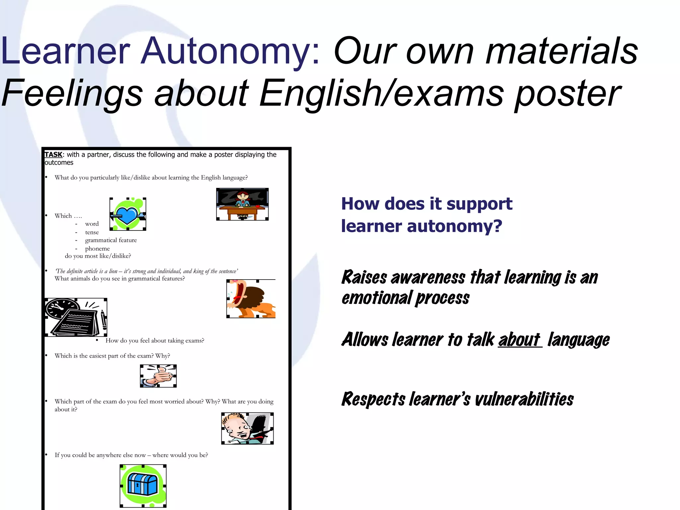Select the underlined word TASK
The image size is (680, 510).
coord(53,155)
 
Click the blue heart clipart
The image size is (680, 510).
coord(128,214)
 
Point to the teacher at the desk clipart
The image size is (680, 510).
coord(242,204)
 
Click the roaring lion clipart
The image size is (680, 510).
coord(251,299)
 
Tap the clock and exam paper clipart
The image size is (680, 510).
coord(76,317)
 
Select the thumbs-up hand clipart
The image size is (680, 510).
coord(158,376)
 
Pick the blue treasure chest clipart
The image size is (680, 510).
coord(143,485)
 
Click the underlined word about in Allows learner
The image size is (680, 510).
coord(519,340)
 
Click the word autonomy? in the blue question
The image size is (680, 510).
coord(455,226)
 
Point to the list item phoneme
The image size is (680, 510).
coord(97,249)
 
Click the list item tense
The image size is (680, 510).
coord(92,232)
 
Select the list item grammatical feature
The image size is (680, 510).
coord(111,240)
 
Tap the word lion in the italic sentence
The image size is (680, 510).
coord(113,271)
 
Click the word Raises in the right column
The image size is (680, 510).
coord(364,278)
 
